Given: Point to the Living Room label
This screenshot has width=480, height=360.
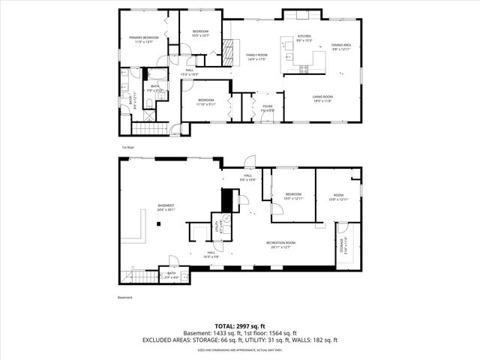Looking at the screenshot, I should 322,97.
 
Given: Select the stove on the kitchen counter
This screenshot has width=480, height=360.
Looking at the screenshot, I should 304,69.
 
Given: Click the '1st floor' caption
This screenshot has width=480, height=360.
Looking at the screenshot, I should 128,147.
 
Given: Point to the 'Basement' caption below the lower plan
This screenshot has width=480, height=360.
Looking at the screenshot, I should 124,298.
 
